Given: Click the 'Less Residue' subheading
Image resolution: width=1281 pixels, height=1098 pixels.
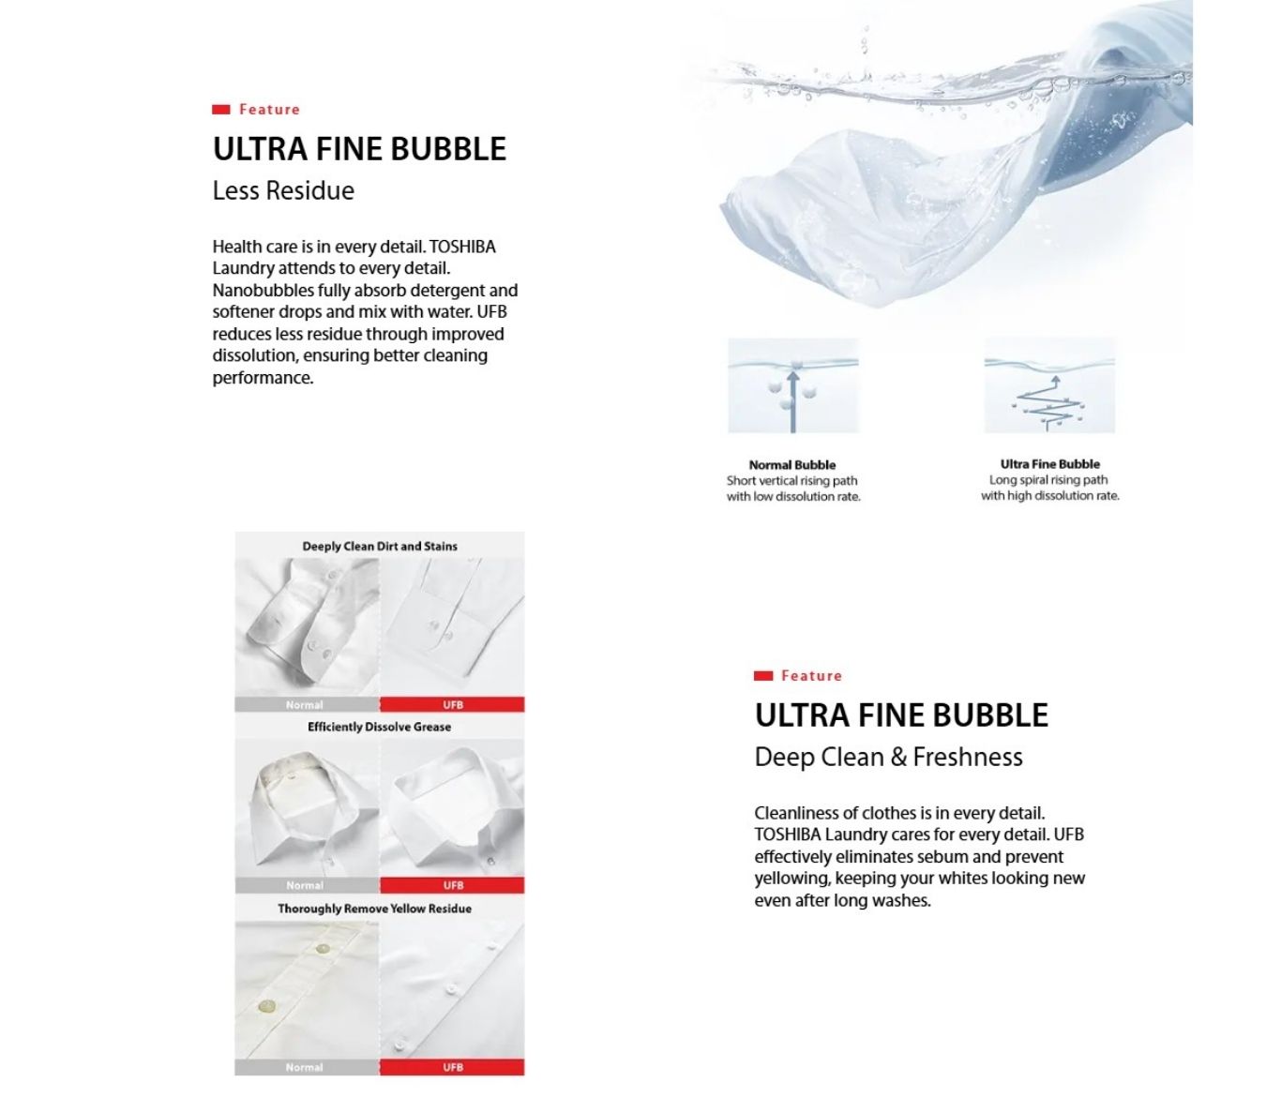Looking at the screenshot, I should pos(283,191).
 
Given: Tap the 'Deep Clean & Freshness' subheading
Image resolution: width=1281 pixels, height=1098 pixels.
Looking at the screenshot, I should pos(888,758).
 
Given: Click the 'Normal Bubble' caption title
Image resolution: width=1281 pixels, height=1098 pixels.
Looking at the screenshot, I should pos(791,465).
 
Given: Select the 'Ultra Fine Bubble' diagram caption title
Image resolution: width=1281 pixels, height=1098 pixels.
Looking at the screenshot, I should pos(1049,464).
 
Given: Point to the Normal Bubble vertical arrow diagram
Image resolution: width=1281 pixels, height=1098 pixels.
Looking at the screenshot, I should pos(793,386).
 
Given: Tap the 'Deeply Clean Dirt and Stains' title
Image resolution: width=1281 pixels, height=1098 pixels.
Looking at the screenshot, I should pos(380,547).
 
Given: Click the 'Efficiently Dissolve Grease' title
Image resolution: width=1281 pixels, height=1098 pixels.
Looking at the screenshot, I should pos(379,728).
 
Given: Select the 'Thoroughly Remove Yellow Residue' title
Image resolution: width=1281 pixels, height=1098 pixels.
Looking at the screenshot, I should pos(374,909).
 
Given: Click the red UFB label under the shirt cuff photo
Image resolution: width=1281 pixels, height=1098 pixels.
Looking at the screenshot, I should pos(453,705).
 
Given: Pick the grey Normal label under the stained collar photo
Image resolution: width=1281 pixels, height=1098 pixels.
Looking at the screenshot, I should pos(306,885).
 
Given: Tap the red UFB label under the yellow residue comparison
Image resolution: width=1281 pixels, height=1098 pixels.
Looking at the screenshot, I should pos(453,1067).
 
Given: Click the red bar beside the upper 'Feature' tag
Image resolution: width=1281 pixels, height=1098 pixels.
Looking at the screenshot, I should pos(221,110).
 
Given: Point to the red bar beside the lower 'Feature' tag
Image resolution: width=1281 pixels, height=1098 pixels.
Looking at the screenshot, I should pos(763,676).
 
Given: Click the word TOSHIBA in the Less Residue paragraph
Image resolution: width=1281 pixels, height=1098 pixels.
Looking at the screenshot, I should pos(462,248).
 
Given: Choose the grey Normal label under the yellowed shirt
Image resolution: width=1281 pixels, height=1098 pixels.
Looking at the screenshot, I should pos(306,1067).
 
